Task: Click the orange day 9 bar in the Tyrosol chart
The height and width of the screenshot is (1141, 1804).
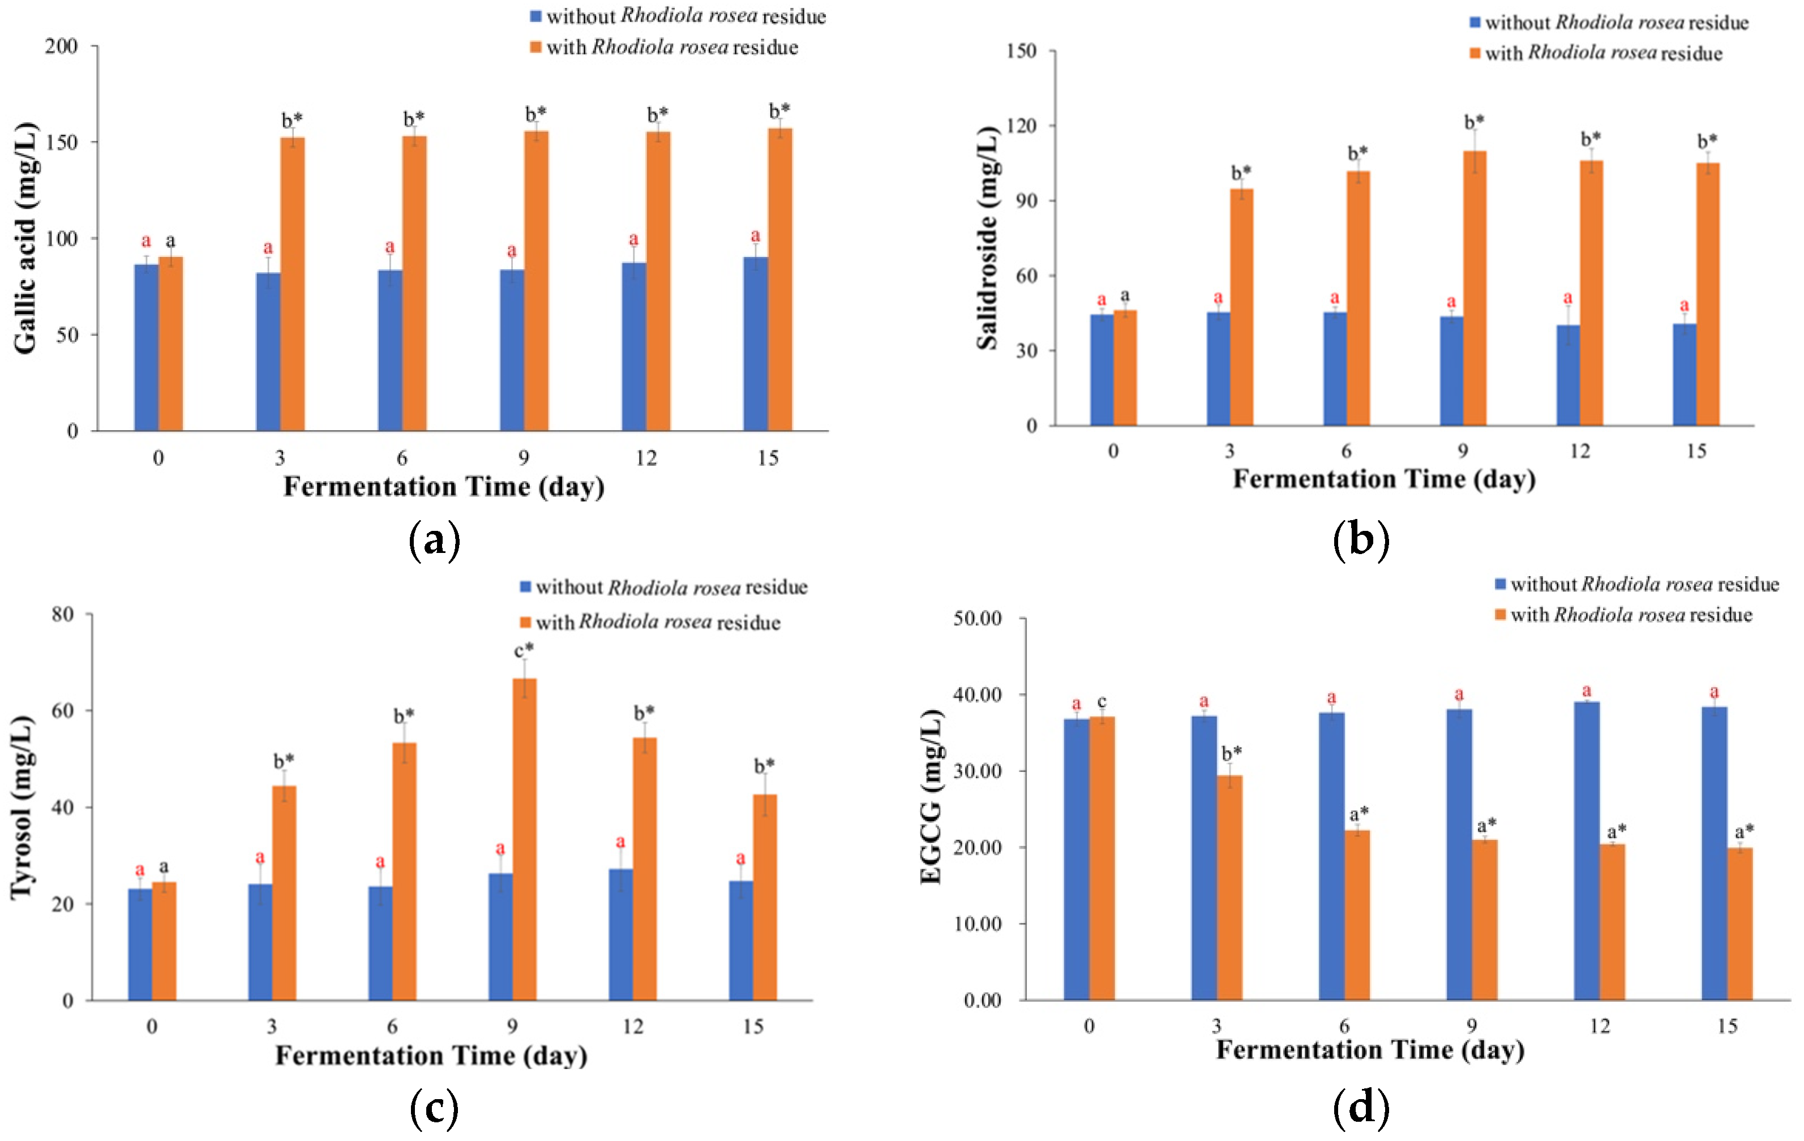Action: point(524,839)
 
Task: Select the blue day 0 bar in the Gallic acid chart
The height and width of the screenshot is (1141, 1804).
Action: point(146,348)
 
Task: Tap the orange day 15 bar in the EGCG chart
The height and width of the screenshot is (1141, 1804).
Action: point(1739,924)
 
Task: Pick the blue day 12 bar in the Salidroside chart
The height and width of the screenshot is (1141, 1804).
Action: point(1568,375)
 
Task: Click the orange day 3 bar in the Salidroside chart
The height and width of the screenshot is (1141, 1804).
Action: point(1241,307)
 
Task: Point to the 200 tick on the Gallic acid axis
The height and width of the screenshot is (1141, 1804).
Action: point(62,46)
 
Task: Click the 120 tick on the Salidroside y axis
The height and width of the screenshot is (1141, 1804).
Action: point(1021,125)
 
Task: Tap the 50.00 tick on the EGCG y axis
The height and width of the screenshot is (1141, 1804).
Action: point(977,619)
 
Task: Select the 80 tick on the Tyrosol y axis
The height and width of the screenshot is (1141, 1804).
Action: point(63,614)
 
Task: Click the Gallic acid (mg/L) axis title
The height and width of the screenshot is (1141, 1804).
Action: point(25,238)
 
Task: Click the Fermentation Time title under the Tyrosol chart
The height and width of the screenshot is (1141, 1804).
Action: point(431,1056)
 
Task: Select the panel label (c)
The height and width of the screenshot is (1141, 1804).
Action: point(435,1107)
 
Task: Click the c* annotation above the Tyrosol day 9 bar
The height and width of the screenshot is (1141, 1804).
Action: point(524,650)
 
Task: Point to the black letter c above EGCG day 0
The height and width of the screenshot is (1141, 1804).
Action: point(1102,702)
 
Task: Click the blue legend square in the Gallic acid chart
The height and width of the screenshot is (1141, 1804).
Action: point(535,16)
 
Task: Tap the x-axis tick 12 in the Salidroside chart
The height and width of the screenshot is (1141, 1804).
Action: point(1579,451)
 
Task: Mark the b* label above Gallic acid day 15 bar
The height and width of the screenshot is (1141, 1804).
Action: point(780,111)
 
